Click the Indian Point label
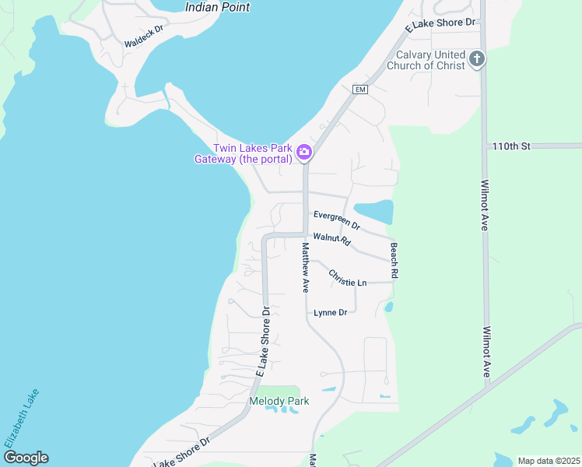click(218, 7)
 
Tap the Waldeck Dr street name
click(144, 36)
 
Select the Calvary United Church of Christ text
click(430, 60)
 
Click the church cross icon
click(477, 58)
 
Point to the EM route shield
click(359, 90)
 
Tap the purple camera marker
click(304, 153)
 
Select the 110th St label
click(510, 146)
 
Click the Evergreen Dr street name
click(337, 219)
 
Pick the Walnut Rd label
click(332, 240)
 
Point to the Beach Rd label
click(394, 261)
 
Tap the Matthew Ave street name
click(305, 267)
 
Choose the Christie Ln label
click(347, 279)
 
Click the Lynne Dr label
click(330, 313)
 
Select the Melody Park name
click(279, 402)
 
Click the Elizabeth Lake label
click(21, 418)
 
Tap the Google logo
click(25, 458)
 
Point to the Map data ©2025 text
click(548, 461)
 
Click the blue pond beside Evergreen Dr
click(374, 211)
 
